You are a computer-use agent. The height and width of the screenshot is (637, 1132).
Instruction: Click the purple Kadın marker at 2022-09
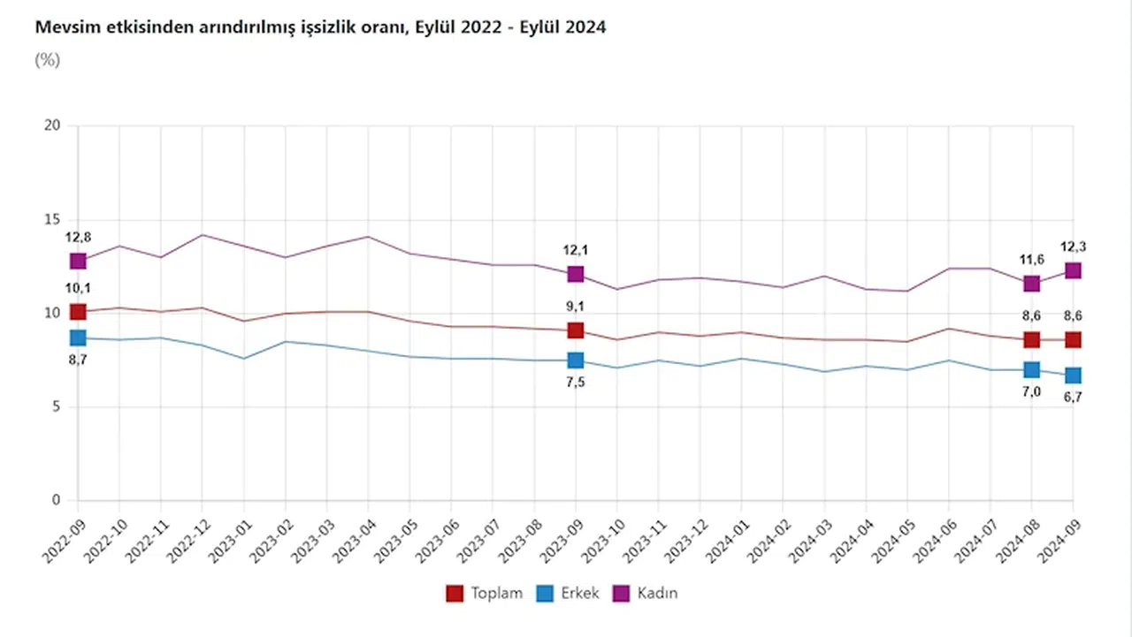pyautogui.click(x=78, y=261)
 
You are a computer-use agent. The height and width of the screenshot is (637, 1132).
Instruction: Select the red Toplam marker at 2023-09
pyautogui.click(x=576, y=330)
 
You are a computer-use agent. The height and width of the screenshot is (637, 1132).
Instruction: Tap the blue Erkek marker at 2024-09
pyautogui.click(x=1073, y=375)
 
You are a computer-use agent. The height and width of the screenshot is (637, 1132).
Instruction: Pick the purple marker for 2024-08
pyautogui.click(x=1031, y=284)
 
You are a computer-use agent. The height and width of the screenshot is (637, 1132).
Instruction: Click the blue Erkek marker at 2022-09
pyautogui.click(x=78, y=337)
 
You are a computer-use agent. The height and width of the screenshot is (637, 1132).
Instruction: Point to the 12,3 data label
pyautogui.click(x=1073, y=247)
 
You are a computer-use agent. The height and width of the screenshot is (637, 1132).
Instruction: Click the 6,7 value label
pyautogui.click(x=1073, y=398)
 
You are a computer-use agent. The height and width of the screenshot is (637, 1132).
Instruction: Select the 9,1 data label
pyautogui.click(x=576, y=307)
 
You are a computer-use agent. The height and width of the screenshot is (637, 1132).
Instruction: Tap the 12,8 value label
pyautogui.click(x=78, y=237)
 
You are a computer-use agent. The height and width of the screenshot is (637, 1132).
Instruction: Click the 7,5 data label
pyautogui.click(x=576, y=382)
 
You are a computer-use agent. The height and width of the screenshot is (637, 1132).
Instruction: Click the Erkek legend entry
pyautogui.click(x=569, y=594)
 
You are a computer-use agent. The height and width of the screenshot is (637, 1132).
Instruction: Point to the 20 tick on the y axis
pyautogui.click(x=53, y=125)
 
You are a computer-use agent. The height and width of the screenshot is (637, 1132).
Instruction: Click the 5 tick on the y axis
pyautogui.click(x=57, y=407)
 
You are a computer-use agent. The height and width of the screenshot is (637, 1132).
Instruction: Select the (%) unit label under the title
pyautogui.click(x=47, y=60)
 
